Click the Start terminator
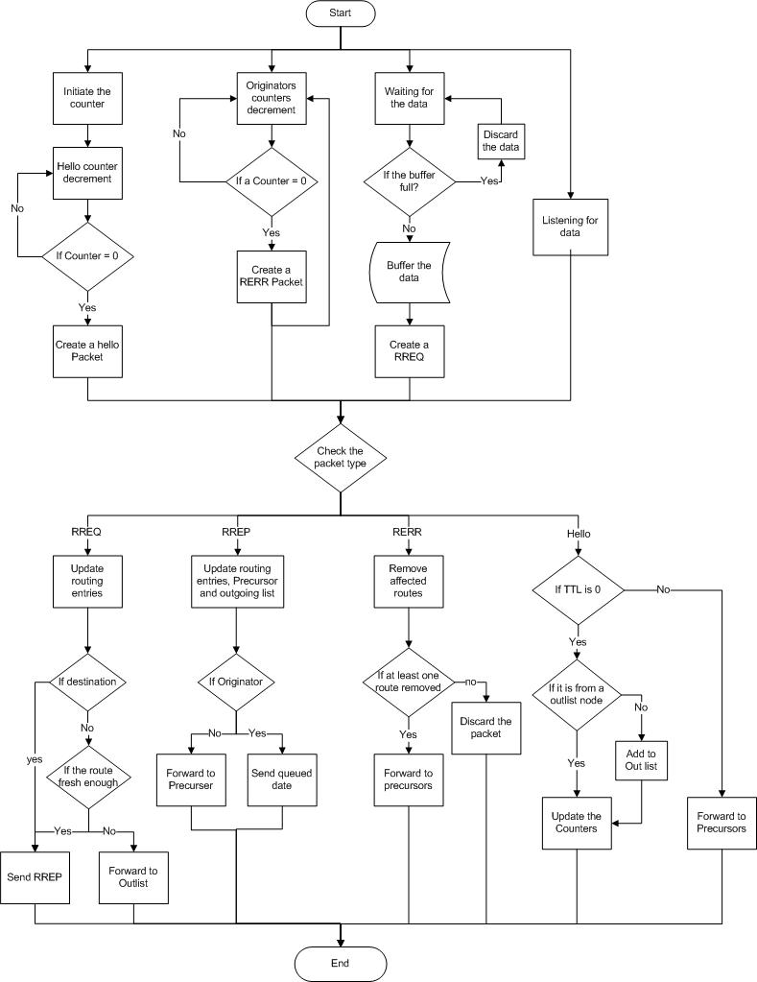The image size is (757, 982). click(x=340, y=14)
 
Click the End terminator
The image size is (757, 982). click(x=340, y=962)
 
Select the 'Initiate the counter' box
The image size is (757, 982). click(x=87, y=98)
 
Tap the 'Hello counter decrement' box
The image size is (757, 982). click(x=87, y=173)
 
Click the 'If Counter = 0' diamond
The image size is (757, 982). click(x=87, y=257)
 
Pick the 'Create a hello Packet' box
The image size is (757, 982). click(x=87, y=350)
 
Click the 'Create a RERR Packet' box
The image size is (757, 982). click(x=272, y=276)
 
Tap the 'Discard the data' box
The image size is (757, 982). click(x=500, y=139)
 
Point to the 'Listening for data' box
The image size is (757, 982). click(x=570, y=228)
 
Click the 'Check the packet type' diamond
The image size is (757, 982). click(x=340, y=458)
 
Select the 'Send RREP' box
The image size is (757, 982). click(x=35, y=877)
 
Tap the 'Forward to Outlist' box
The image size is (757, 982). click(x=134, y=876)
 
